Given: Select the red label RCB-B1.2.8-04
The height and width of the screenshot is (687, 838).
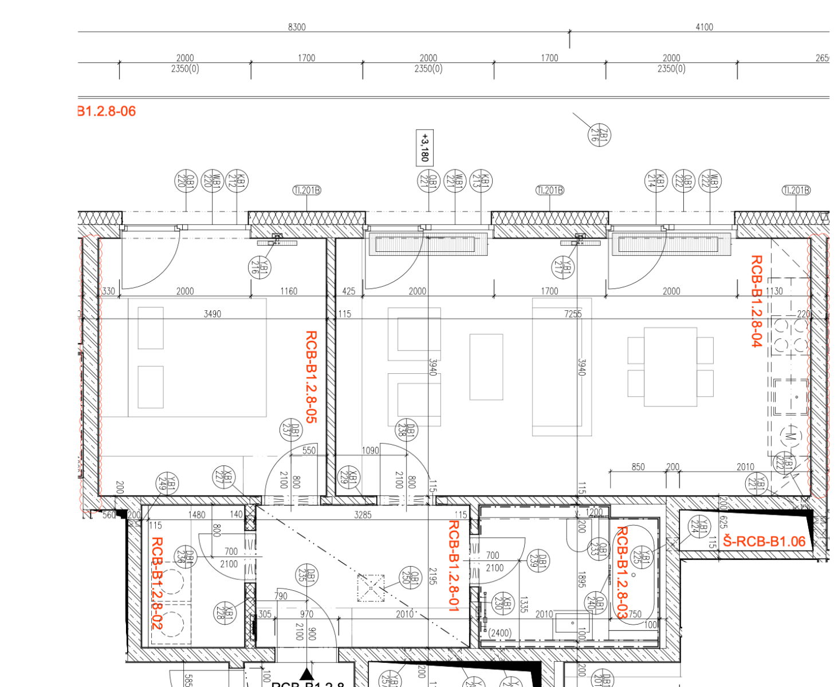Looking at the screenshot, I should pyautogui.click(x=756, y=301).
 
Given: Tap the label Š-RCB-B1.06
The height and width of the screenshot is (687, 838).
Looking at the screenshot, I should pyautogui.click(x=764, y=541).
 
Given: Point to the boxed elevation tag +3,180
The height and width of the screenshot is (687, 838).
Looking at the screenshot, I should pyautogui.click(x=424, y=147).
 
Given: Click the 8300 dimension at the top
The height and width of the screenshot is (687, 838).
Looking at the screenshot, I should pyautogui.click(x=297, y=27).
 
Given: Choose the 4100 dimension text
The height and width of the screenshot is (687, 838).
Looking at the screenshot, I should pyautogui.click(x=704, y=27).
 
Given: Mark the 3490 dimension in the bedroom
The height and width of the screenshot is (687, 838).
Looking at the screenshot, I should pyautogui.click(x=212, y=314).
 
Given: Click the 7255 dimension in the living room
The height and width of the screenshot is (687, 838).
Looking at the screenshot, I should pyautogui.click(x=573, y=314).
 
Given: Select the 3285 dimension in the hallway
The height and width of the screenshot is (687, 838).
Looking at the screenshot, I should pyautogui.click(x=363, y=515).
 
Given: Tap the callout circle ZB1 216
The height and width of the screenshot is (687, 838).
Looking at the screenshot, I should pyautogui.click(x=599, y=135).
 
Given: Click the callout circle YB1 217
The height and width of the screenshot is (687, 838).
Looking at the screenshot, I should pyautogui.click(x=563, y=267).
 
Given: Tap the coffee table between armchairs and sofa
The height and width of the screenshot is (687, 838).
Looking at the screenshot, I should pyautogui.click(x=486, y=367).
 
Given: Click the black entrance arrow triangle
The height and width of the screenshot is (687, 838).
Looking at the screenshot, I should pyautogui.click(x=307, y=673).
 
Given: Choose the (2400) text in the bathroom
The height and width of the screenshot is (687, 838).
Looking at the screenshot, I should pyautogui.click(x=499, y=633).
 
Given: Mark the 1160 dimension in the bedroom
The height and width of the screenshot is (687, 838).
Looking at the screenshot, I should pyautogui.click(x=289, y=291).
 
